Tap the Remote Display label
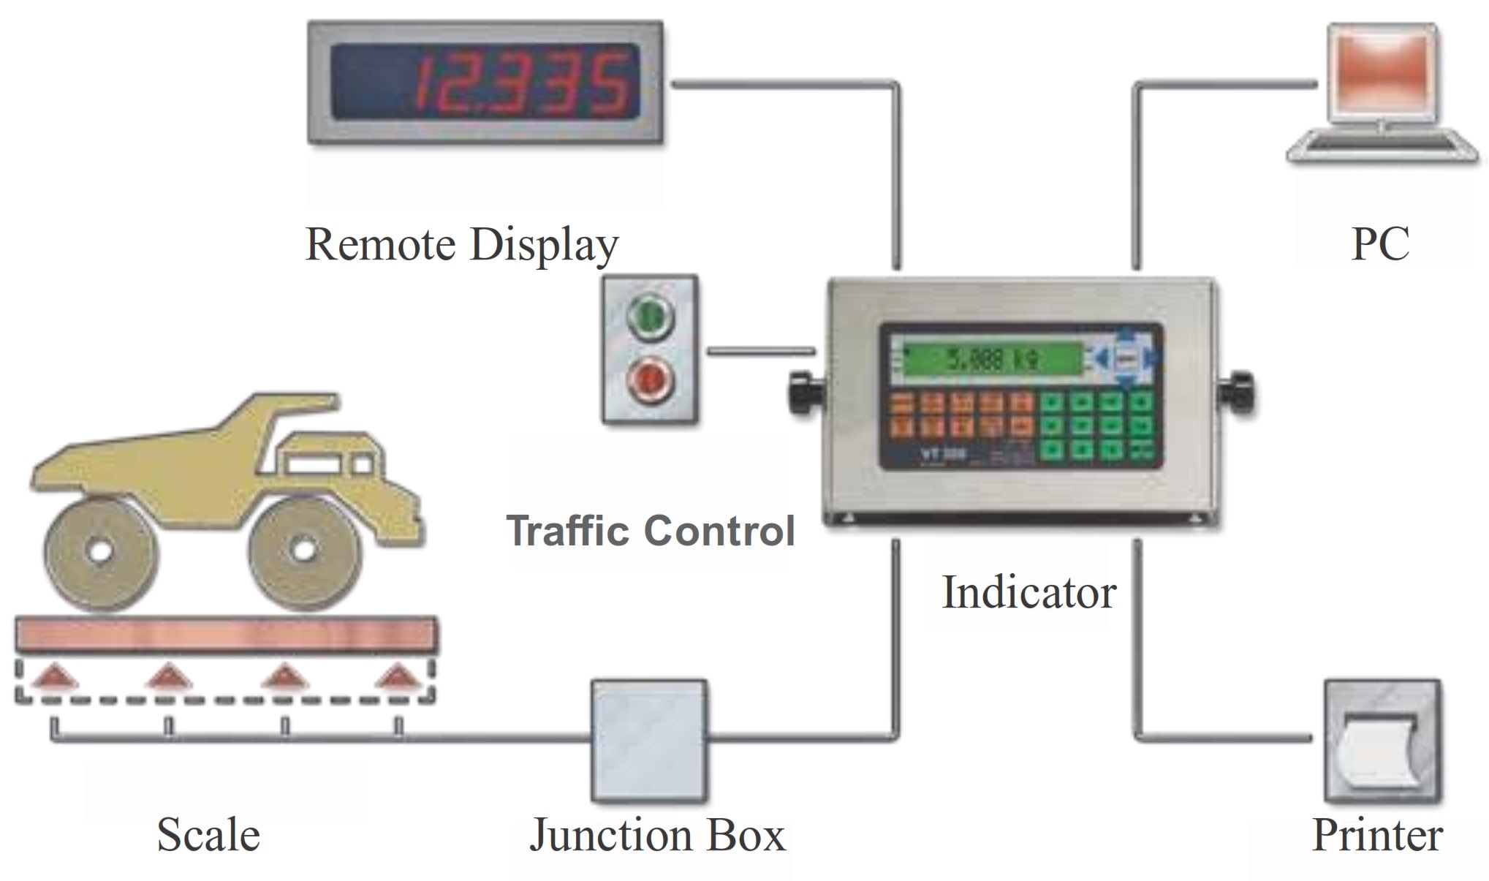[x=462, y=244]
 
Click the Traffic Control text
[x=651, y=531]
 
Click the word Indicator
[x=1028, y=592]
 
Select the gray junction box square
[x=649, y=740]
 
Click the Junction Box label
[x=657, y=835]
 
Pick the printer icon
[x=1382, y=741]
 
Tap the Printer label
[x=1377, y=835]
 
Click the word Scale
[x=208, y=835]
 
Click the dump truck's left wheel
[x=100, y=552]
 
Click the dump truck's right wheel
[x=303, y=550]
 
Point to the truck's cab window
[x=313, y=464]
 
